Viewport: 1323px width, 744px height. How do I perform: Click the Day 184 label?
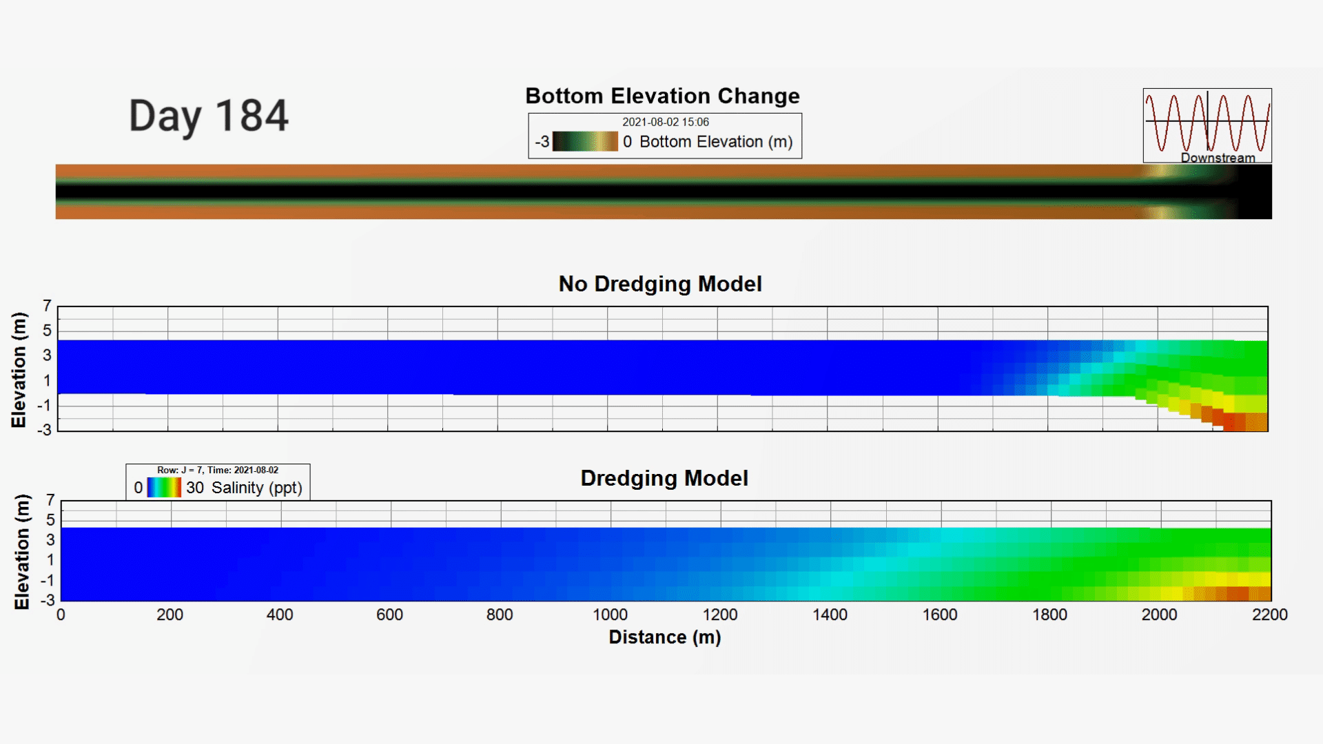(x=208, y=116)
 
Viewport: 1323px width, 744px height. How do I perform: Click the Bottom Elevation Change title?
(x=662, y=96)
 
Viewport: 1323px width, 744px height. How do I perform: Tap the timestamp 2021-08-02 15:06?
(x=666, y=122)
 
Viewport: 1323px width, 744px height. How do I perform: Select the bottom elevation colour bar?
(x=585, y=141)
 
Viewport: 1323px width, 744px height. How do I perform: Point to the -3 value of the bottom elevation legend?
(x=542, y=142)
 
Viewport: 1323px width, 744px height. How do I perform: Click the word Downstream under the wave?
(x=1218, y=158)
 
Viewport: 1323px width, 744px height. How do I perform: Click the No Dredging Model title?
(x=660, y=284)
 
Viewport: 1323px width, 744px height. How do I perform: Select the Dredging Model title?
(x=664, y=478)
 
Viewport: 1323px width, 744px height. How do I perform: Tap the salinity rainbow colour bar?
(x=164, y=488)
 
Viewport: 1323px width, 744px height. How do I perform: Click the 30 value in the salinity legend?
(x=195, y=488)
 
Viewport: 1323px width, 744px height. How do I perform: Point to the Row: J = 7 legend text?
(x=180, y=471)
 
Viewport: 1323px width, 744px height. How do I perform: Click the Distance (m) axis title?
(x=665, y=637)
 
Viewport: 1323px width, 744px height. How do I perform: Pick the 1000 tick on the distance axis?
(x=610, y=614)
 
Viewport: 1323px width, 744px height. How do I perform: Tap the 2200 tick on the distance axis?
(x=1269, y=614)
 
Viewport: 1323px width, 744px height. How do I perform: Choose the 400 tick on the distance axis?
(x=280, y=614)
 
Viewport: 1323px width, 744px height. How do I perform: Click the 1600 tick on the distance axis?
(x=940, y=614)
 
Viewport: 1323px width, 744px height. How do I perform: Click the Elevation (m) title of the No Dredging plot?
(x=19, y=370)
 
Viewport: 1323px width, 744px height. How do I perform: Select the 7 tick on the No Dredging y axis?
(x=47, y=305)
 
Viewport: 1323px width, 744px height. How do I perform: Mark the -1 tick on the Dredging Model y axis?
(x=48, y=581)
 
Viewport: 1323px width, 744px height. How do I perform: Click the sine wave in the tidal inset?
(x=1207, y=123)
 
